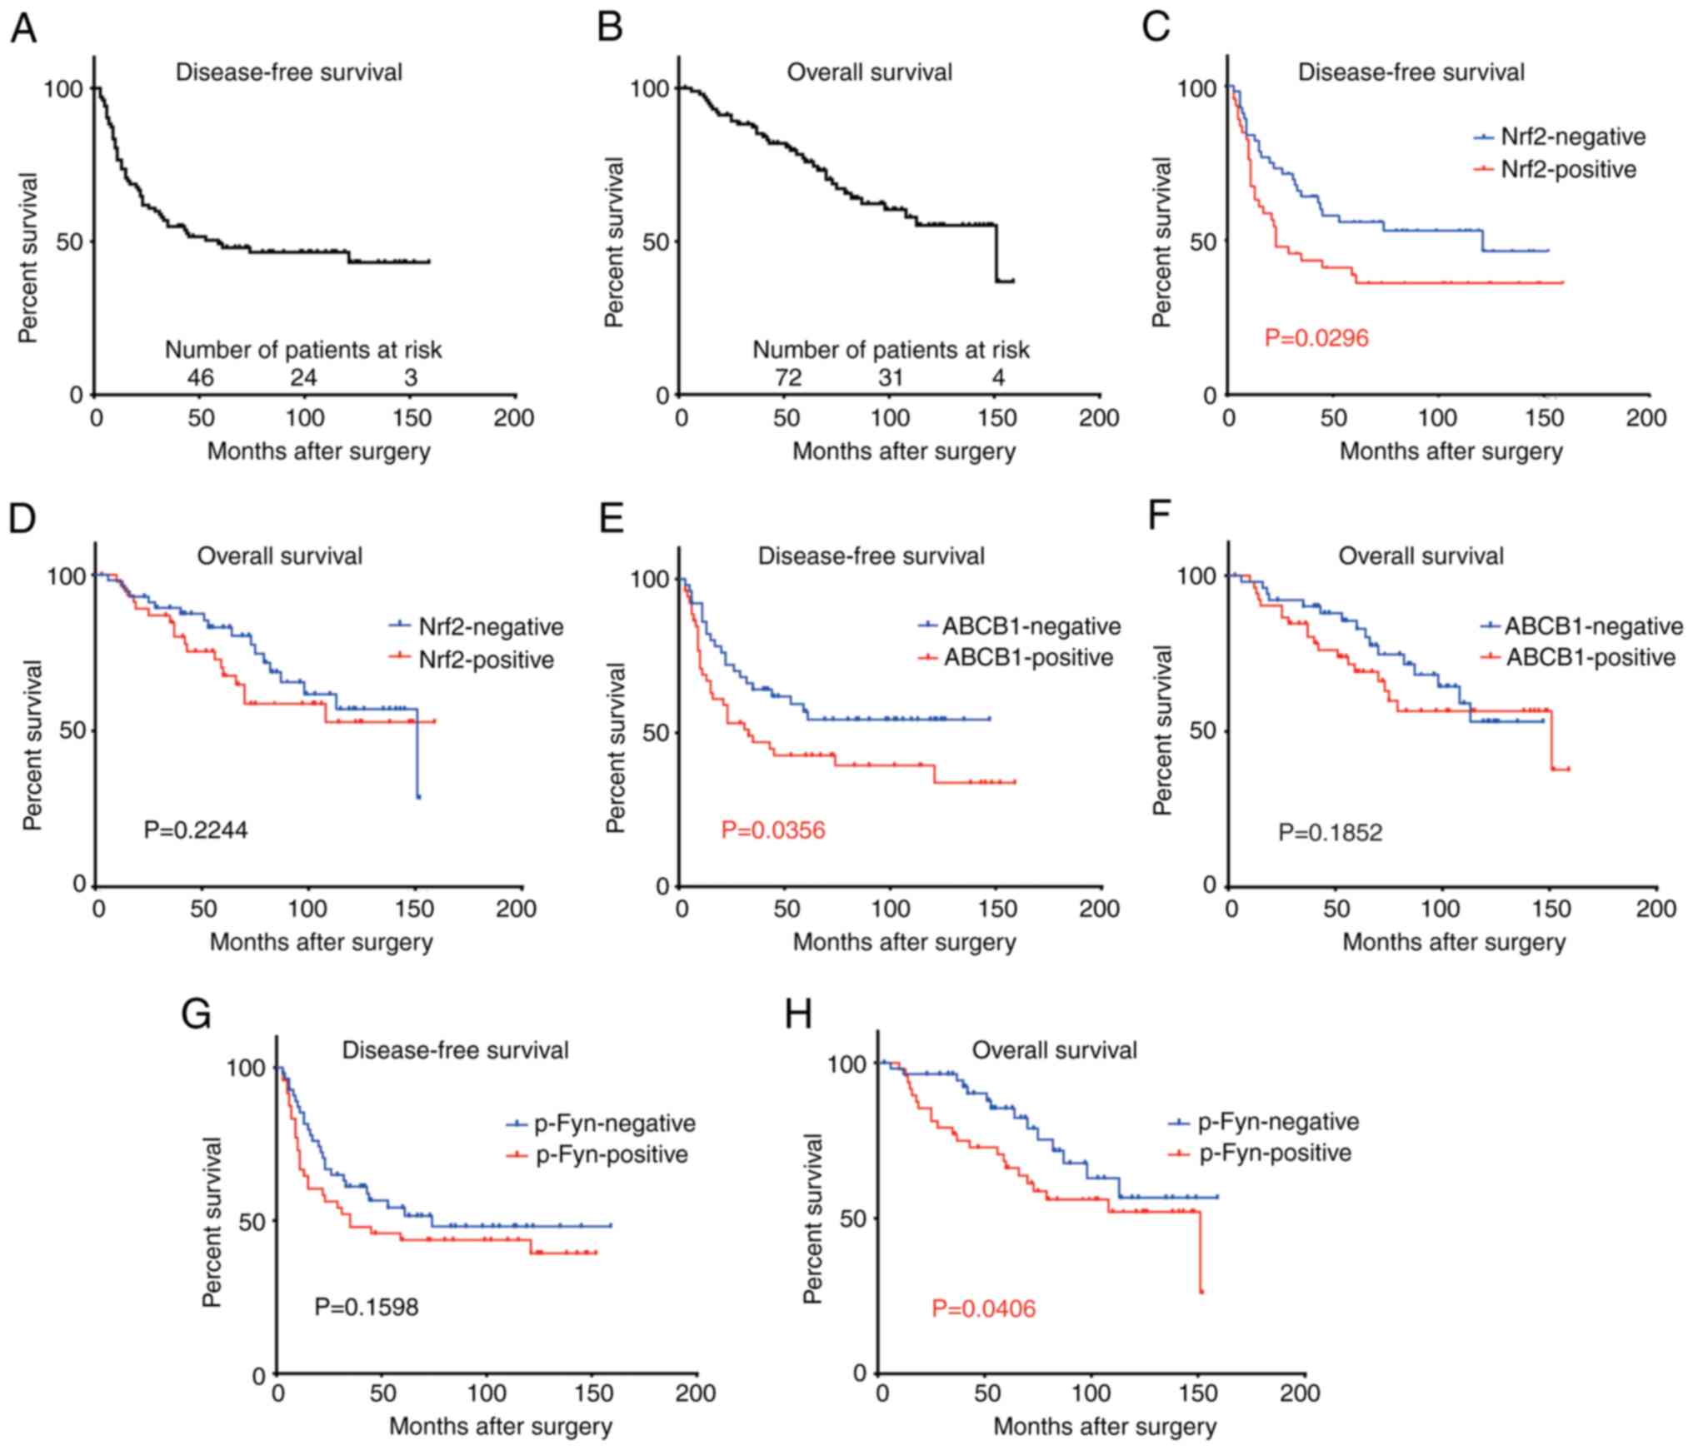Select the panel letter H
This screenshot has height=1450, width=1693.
[x=800, y=1015]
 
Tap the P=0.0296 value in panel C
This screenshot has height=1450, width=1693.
[x=1316, y=338]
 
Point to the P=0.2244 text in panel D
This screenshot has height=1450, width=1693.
[x=196, y=830]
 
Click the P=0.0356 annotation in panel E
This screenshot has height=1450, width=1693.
[x=773, y=830]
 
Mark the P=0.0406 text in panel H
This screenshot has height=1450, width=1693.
[x=983, y=1309]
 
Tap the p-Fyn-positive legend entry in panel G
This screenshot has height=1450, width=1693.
[x=612, y=1155]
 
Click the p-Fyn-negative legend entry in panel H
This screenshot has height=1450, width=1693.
[x=1278, y=1122]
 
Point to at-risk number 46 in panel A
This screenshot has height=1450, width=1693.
[x=200, y=378]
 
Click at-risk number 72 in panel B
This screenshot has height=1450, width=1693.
[x=787, y=378]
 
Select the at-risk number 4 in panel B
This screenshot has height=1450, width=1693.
[x=998, y=378]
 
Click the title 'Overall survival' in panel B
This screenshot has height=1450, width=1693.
[x=869, y=72]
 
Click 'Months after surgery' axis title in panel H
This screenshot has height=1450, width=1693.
[x=1105, y=1427]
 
